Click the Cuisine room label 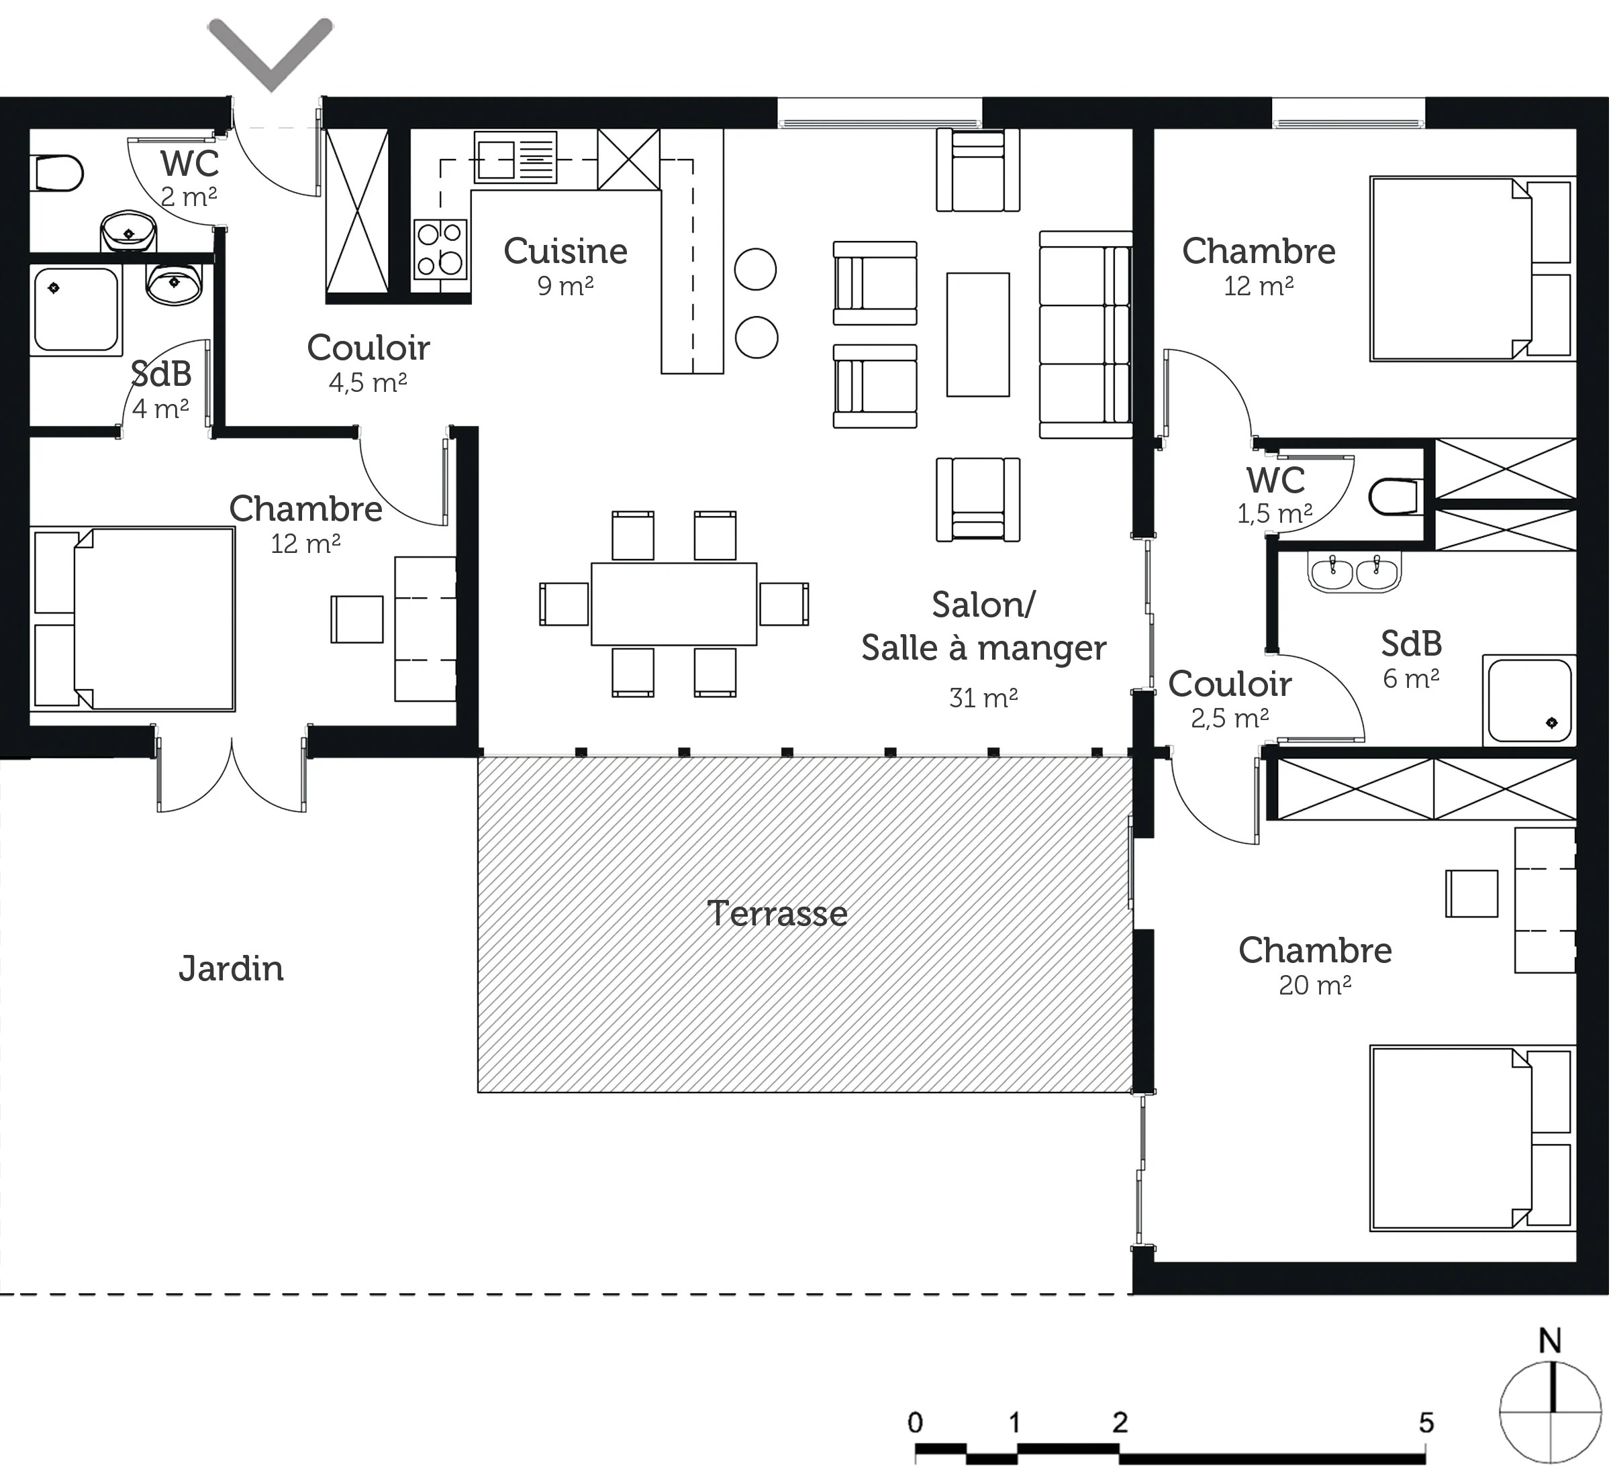(566, 251)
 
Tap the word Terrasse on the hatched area (777, 913)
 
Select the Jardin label (231, 969)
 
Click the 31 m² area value (983, 697)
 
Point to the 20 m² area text (1314, 985)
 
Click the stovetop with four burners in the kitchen (440, 248)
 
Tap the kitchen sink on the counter (515, 157)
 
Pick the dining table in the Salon (674, 604)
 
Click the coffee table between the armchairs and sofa (978, 335)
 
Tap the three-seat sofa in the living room (1086, 335)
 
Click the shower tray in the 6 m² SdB (1528, 701)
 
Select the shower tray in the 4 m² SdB (76, 310)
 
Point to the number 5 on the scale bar (1426, 1422)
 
